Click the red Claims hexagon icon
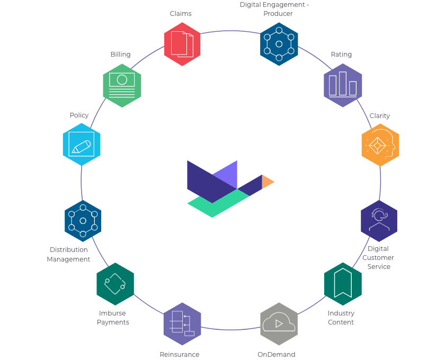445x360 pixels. (182, 44)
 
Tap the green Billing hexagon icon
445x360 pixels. (122, 85)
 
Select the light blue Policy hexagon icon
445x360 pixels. (82, 145)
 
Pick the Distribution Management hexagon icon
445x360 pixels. (83, 221)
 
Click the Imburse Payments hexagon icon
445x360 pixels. (115, 284)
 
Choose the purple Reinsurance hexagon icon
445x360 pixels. (182, 324)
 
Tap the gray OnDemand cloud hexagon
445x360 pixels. (279, 324)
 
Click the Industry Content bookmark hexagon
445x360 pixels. (343, 284)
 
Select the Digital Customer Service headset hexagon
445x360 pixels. (379, 221)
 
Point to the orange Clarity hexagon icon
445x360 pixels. (380, 145)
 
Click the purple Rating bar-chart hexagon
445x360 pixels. (343, 85)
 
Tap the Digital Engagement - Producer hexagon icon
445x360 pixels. (279, 44)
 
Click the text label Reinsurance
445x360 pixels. (180, 355)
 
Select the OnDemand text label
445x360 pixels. (277, 355)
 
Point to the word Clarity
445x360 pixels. (380, 116)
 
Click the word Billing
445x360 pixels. (121, 55)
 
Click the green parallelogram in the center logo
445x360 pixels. (218, 203)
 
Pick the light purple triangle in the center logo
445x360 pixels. (228, 176)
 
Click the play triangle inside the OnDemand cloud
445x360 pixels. (279, 323)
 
